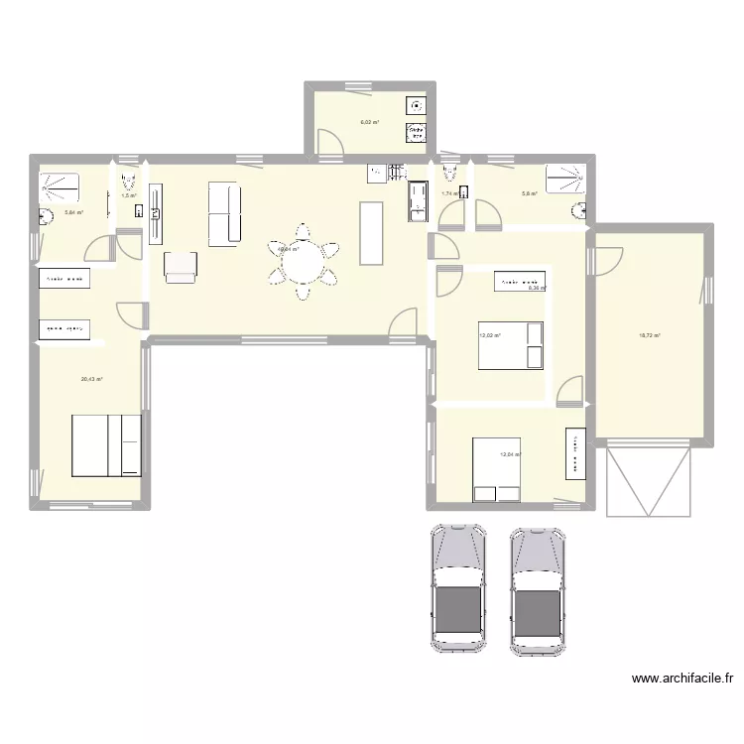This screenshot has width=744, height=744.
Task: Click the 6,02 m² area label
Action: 369,123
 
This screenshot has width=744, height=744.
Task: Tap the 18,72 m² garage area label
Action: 650,335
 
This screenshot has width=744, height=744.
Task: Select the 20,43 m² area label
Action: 92,379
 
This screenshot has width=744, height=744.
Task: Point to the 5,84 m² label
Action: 73,212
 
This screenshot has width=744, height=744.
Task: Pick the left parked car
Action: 458,586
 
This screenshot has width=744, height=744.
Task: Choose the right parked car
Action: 538,586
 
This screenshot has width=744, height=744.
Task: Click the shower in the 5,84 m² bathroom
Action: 62,186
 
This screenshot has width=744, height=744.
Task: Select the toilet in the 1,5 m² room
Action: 126,183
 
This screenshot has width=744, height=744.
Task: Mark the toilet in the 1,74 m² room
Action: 449,176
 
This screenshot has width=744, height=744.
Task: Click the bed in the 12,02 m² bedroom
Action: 512,345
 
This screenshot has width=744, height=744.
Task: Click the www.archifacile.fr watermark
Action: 682,681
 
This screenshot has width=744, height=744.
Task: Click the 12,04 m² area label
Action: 510,454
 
